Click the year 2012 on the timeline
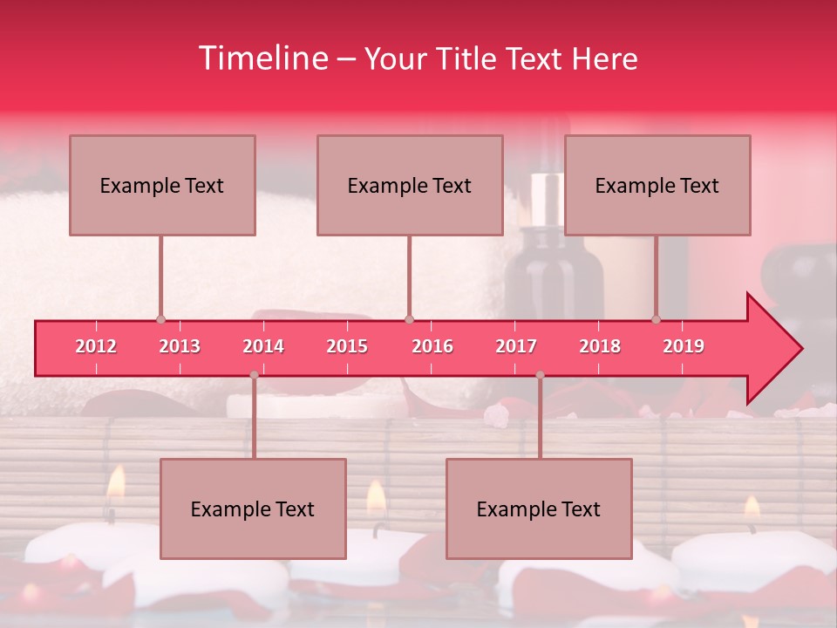coord(96,346)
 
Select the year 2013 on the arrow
coord(180,346)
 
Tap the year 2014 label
coord(263,346)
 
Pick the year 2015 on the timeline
coord(347,346)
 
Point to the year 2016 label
coord(432,346)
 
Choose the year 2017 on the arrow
coord(516,346)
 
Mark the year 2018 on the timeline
coord(600,346)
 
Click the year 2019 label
coord(684,346)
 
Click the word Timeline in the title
coord(261,58)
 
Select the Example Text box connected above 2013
coord(162,185)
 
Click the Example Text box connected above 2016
coord(410,185)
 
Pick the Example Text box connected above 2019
coord(657,185)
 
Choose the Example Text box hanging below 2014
coord(253,509)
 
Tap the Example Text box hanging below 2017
coord(539,509)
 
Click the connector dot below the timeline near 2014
coord(254,375)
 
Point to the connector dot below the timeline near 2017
coord(540,375)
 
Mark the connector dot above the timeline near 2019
coord(657,319)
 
